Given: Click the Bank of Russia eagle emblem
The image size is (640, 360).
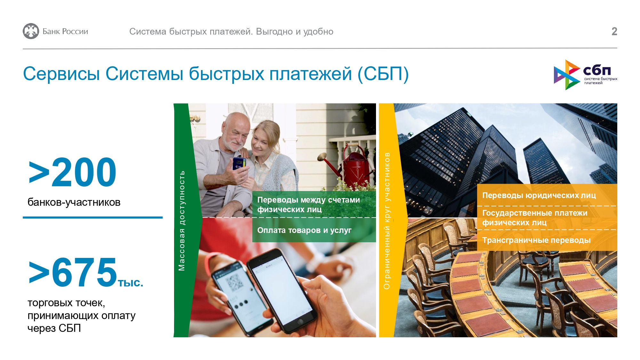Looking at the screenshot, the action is pos(31,31).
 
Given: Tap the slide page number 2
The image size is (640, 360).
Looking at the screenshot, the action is pos(614,31).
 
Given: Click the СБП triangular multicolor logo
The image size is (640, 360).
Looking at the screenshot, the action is pos(567,75).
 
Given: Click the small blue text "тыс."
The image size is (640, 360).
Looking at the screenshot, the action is pos(131,283).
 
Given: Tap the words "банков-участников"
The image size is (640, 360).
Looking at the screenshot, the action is pos(74,202).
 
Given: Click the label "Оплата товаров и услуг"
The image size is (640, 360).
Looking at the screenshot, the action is pos(304,230).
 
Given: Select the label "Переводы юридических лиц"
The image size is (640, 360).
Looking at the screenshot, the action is pos(539,195).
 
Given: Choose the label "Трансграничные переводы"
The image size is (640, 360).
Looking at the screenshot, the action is pos(536,240).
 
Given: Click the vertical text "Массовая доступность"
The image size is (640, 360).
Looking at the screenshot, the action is pos(181,220).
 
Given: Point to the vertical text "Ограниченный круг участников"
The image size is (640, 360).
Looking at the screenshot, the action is pos(387,221).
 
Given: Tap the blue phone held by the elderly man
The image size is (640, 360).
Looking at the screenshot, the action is pos(239,164).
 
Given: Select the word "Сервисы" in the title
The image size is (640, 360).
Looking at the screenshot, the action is pos(61,74).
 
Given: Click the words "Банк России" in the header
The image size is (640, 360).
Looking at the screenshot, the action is pos(65,31).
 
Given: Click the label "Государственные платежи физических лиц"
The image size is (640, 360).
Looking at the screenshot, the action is pos(535,218).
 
